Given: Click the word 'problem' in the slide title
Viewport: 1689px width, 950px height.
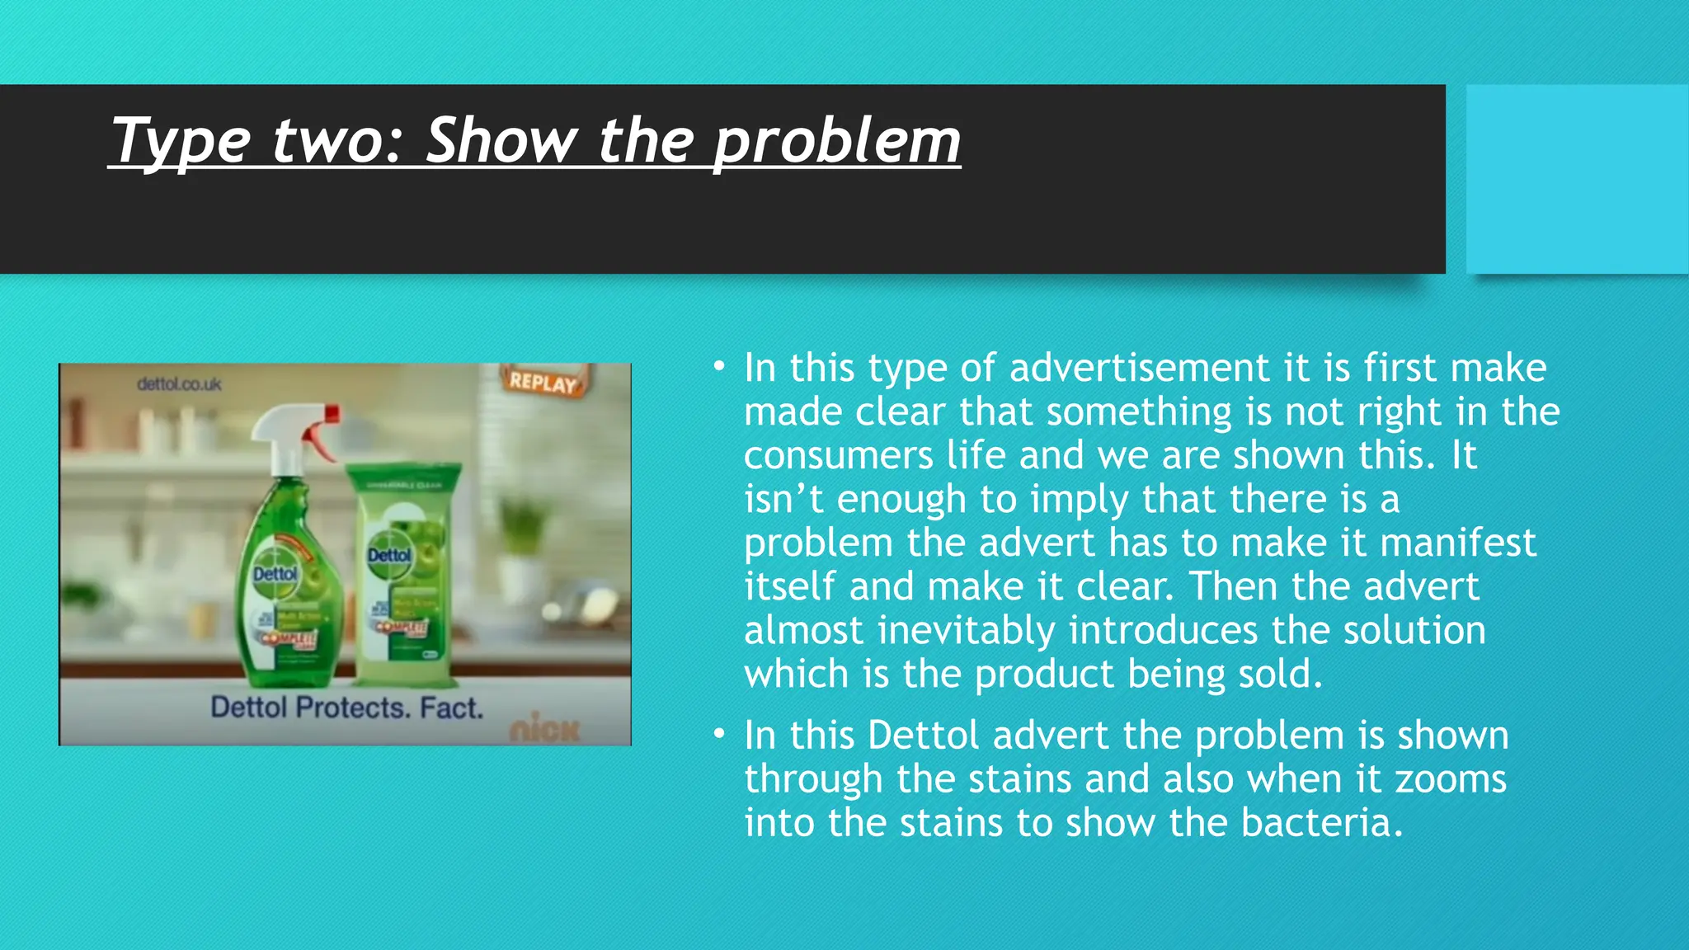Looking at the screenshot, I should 836,142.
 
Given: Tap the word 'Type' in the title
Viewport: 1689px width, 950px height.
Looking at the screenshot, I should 180,142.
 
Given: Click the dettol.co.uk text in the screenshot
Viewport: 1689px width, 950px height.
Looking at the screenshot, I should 179,384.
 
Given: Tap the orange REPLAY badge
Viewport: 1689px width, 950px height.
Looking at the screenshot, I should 543,382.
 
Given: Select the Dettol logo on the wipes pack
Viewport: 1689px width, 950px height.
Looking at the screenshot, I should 388,555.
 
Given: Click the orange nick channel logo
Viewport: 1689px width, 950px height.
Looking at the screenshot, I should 545,729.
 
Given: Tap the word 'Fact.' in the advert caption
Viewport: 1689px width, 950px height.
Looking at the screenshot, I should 451,708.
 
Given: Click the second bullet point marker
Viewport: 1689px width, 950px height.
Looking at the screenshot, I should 719,734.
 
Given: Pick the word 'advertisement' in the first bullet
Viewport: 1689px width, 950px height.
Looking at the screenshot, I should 1139,368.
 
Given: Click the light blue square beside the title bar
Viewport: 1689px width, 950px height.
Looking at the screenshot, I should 1576,179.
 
